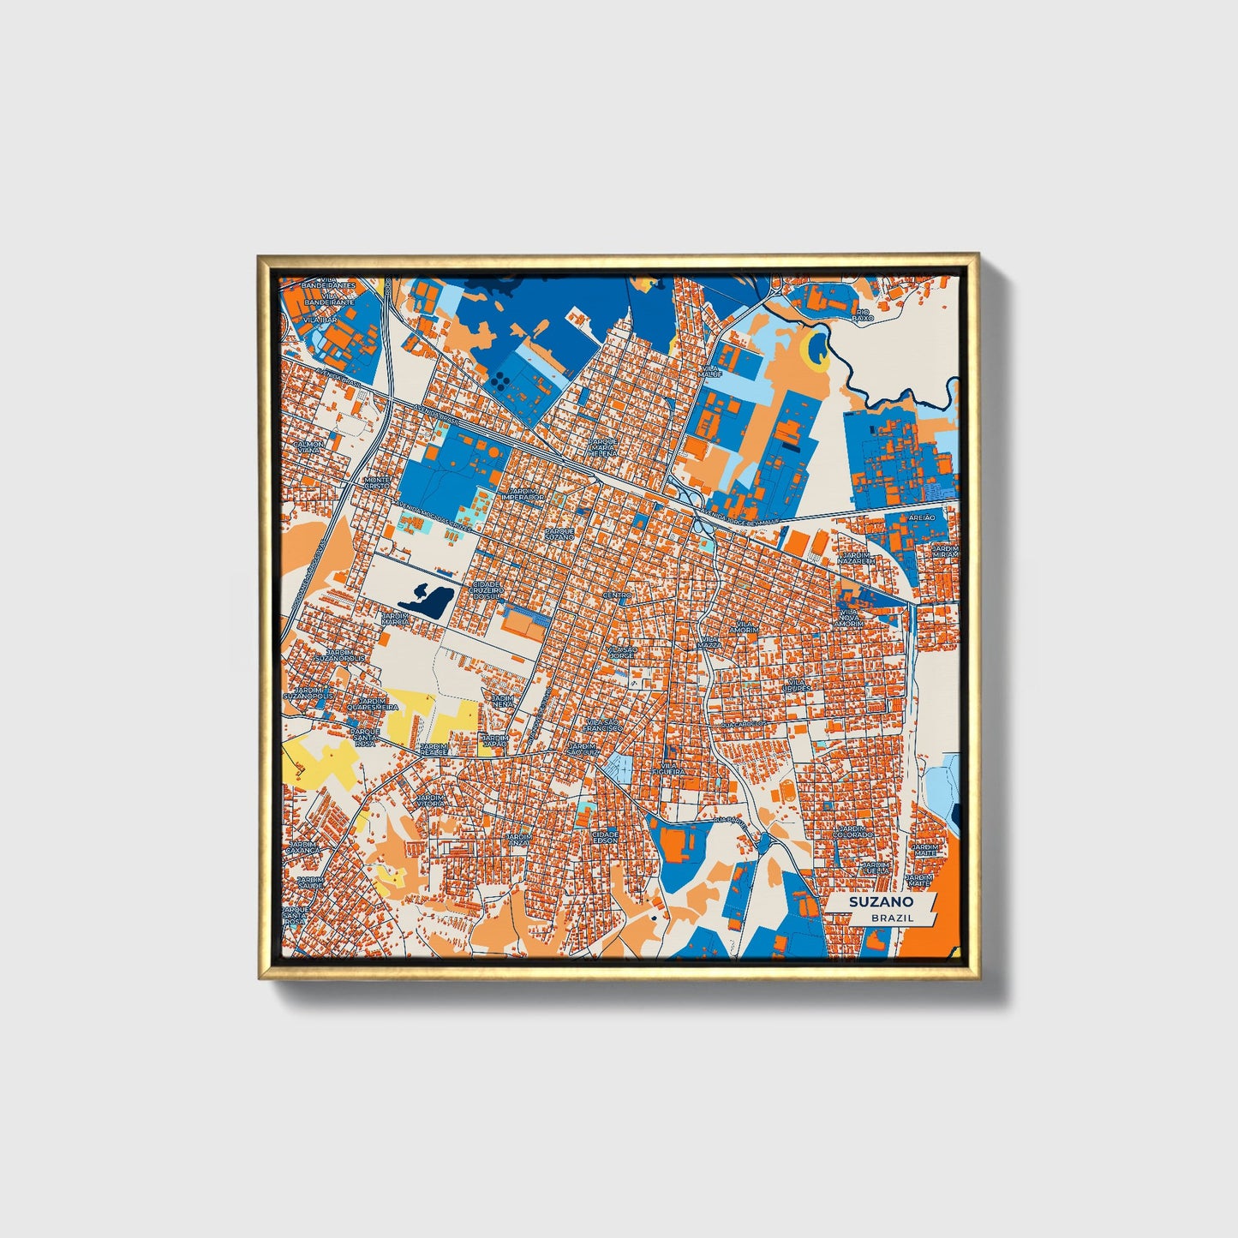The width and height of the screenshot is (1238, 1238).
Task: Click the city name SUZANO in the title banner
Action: tap(881, 902)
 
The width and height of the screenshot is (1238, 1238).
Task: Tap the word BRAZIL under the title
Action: tap(892, 918)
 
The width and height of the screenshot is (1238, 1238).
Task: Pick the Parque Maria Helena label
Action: tap(603, 447)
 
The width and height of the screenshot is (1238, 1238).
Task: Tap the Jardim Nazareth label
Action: tap(855, 559)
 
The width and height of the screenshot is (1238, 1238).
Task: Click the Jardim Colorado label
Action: tap(854, 832)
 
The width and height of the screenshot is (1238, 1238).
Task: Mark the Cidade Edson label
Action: tap(605, 837)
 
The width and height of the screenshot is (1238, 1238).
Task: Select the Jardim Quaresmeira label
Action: tap(373, 704)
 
